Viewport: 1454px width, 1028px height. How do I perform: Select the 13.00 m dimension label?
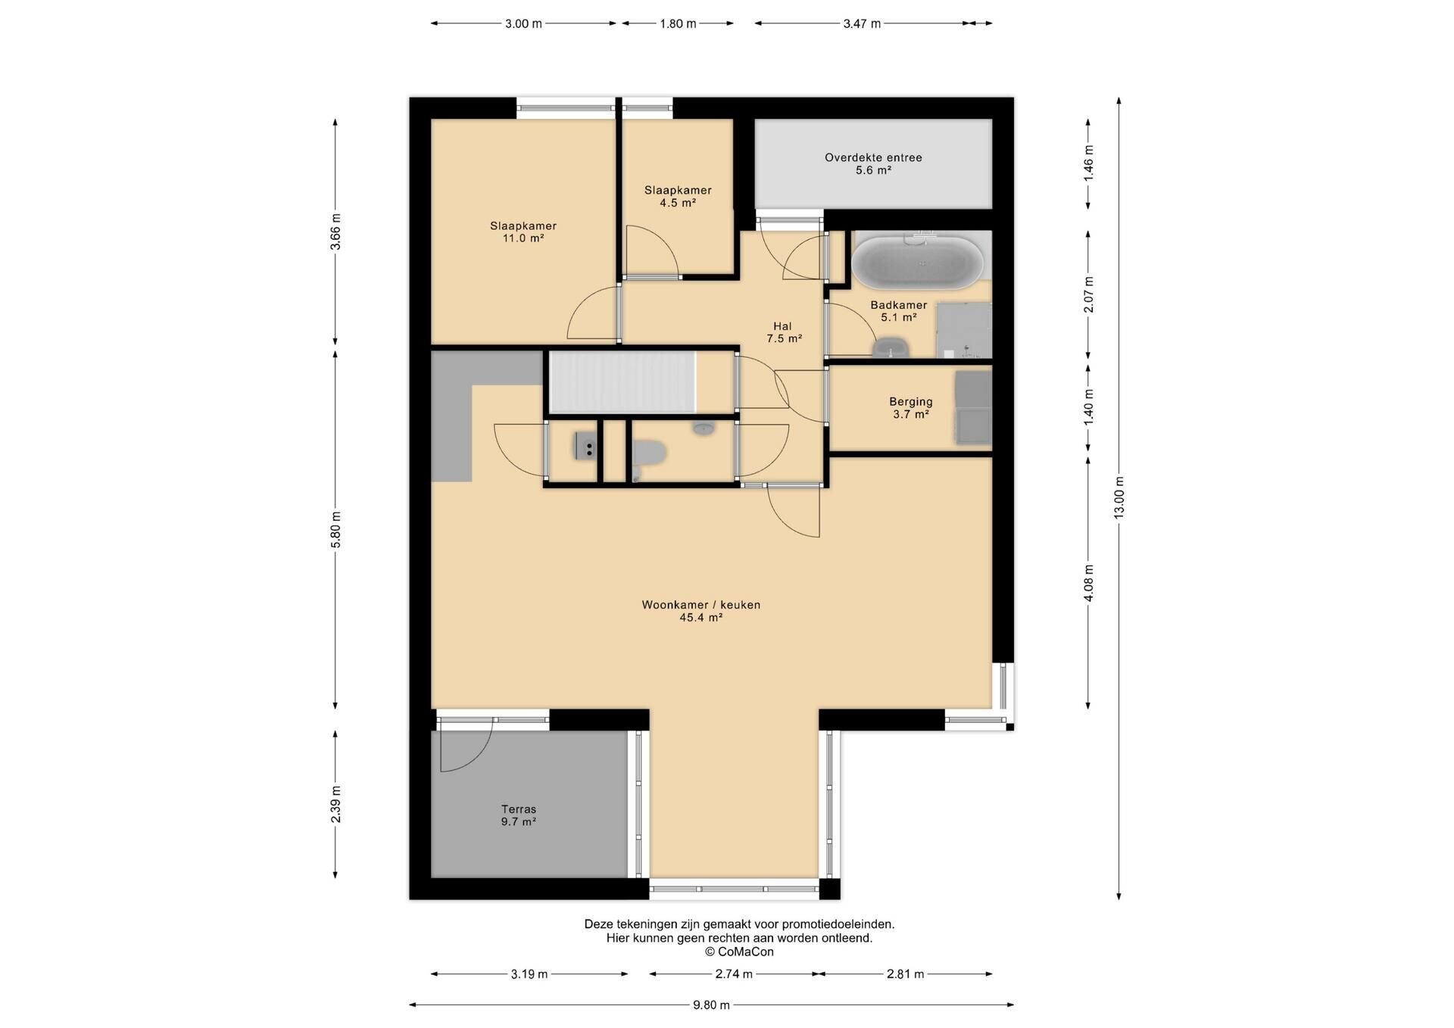pyautogui.click(x=1119, y=497)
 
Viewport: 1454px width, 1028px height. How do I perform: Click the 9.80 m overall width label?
pyautogui.click(x=711, y=1005)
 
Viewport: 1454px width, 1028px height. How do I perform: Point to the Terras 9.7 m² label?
pyautogui.click(x=519, y=815)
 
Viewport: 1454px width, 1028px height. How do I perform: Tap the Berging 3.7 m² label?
pyautogui.click(x=911, y=408)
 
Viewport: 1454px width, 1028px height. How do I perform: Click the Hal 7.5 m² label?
pyautogui.click(x=783, y=332)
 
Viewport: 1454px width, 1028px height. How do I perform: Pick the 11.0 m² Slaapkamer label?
pyautogui.click(x=523, y=232)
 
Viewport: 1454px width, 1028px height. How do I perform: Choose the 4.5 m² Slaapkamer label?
pyautogui.click(x=678, y=196)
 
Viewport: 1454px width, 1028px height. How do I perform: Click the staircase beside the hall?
pyautogui.click(x=622, y=382)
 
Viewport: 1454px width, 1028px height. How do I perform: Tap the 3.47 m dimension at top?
pyautogui.click(x=862, y=23)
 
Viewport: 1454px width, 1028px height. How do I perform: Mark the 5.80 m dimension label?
pyautogui.click(x=335, y=530)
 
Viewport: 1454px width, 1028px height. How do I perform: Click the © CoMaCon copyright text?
pyautogui.click(x=739, y=952)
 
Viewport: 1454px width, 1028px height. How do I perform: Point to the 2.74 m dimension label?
pyautogui.click(x=734, y=974)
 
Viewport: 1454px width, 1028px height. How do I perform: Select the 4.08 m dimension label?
pyautogui.click(x=1088, y=583)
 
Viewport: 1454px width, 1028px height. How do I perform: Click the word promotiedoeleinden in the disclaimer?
pyautogui.click(x=838, y=924)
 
